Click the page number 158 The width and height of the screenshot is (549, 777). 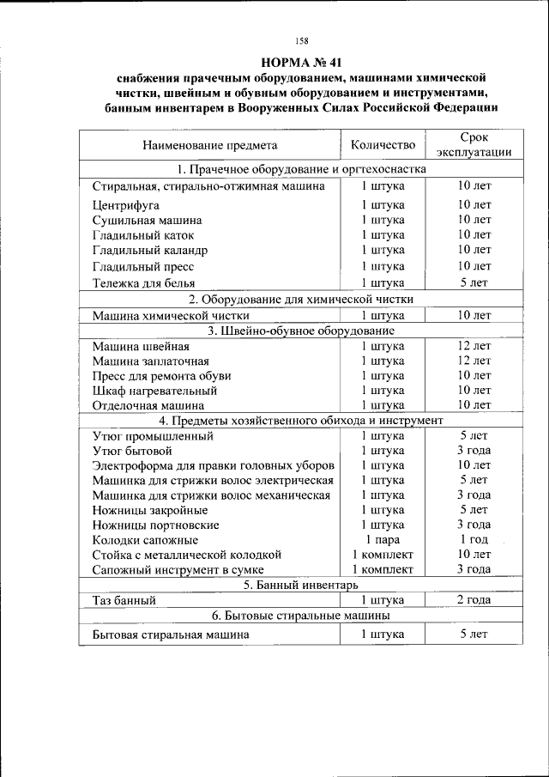click(301, 41)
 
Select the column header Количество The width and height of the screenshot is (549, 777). click(383, 144)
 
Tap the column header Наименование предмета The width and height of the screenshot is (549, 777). click(210, 145)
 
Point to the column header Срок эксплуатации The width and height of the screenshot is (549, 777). click(474, 144)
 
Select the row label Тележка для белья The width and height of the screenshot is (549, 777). click(143, 282)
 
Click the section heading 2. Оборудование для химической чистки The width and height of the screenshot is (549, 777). click(301, 299)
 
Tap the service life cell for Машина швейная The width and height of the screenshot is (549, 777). click(474, 345)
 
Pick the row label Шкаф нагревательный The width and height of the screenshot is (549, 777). click(148, 391)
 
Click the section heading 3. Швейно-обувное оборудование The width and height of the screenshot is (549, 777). click(301, 330)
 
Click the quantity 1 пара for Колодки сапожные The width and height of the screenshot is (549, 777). click(383, 539)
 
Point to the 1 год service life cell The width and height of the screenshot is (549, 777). click(474, 539)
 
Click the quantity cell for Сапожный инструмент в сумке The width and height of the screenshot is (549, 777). click(383, 569)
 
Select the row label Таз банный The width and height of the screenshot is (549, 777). click(124, 600)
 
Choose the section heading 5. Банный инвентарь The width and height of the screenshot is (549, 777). click(301, 585)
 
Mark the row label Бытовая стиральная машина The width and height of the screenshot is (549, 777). click(171, 634)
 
